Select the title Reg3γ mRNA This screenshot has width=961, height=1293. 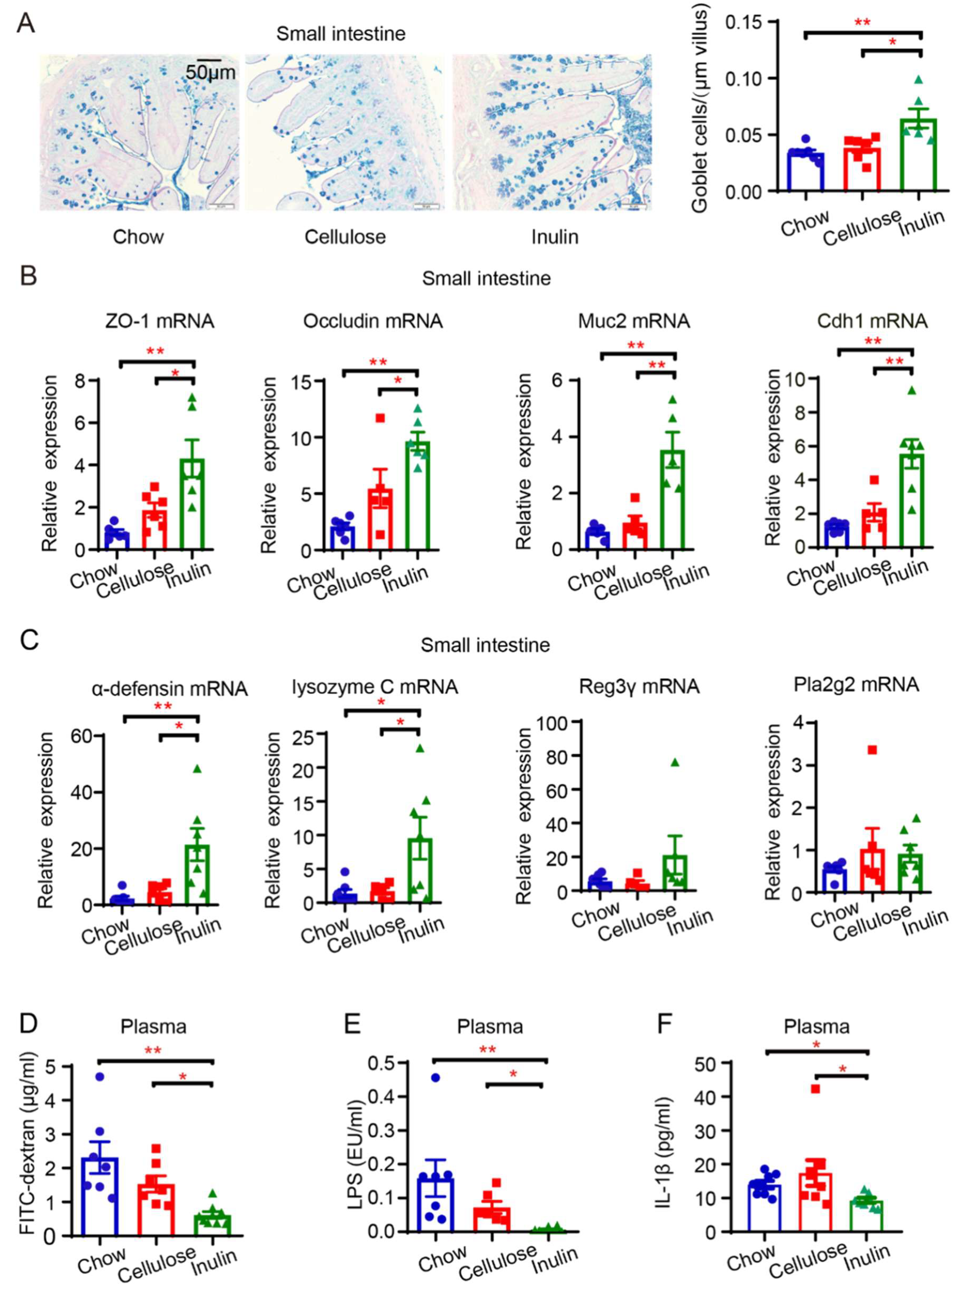pos(639,687)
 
